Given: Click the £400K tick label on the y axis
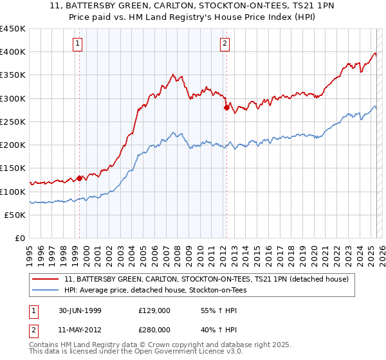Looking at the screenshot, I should point(13,52).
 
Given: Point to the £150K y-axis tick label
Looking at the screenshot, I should point(13,168).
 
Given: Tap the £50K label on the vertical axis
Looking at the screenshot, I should point(15,215).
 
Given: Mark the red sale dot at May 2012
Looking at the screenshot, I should point(226,108).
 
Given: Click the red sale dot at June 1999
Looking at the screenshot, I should point(80,178).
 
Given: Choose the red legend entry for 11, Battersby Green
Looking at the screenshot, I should point(206,279).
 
